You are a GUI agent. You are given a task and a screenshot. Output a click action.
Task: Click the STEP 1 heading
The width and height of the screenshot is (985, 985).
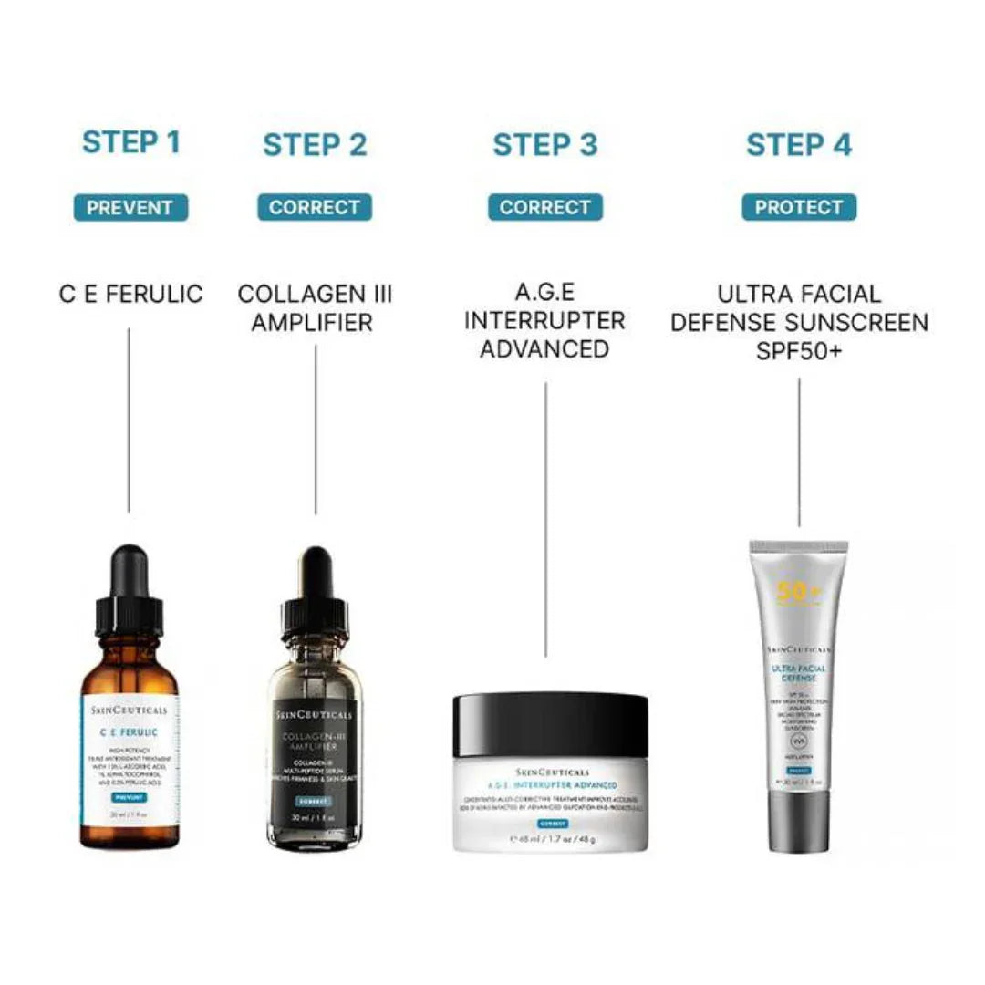(131, 142)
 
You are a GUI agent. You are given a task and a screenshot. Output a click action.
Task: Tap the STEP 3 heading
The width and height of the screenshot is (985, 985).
(545, 144)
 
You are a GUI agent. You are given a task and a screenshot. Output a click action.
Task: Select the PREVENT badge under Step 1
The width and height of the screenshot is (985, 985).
(130, 207)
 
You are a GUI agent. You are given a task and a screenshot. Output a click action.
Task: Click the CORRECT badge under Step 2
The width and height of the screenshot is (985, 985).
(315, 207)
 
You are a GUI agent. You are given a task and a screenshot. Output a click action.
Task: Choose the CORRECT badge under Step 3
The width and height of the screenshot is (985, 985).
(545, 207)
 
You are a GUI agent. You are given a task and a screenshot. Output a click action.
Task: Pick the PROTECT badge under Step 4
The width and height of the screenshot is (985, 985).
(799, 207)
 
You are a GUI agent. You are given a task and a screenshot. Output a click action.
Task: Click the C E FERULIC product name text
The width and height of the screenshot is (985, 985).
(130, 294)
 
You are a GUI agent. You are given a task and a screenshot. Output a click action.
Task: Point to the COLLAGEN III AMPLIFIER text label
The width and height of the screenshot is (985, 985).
(315, 307)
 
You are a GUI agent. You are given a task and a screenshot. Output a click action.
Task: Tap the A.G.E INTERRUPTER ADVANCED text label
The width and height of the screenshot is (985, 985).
(545, 321)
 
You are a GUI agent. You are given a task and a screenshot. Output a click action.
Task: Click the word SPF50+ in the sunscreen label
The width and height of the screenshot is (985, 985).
(799, 350)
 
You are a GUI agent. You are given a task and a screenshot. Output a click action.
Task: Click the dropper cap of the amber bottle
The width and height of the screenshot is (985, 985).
(129, 593)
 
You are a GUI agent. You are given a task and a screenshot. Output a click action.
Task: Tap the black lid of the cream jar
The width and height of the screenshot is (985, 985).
(550, 724)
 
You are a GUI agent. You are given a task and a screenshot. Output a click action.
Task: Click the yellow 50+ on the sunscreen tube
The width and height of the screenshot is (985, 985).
(799, 594)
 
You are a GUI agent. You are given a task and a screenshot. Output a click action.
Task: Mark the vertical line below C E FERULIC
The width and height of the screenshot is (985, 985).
(129, 420)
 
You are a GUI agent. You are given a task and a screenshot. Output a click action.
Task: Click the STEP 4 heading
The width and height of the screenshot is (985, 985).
(799, 144)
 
